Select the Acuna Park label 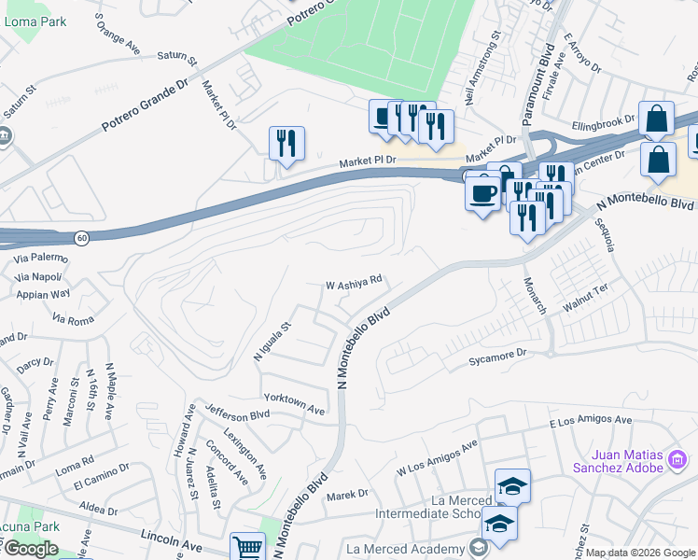[30, 526]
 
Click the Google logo [30, 549]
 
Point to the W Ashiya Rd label [354, 280]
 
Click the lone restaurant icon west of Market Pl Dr [286, 144]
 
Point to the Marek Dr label [347, 493]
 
